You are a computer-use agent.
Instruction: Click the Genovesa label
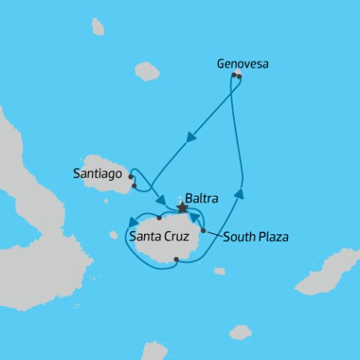[242, 64]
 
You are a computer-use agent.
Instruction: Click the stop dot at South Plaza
[203, 230]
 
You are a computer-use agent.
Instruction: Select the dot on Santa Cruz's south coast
[175, 260]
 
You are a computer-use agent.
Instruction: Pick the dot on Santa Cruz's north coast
[159, 218]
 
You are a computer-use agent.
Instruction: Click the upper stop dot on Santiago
[131, 177]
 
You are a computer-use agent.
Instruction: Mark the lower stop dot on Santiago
[133, 186]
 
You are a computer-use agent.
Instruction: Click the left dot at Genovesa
[234, 75]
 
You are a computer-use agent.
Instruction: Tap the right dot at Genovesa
[239, 76]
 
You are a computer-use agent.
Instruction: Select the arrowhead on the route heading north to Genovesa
[238, 194]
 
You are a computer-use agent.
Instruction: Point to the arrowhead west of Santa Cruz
[133, 221]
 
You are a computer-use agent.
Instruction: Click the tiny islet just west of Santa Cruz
[114, 235]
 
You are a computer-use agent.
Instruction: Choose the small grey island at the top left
[97, 27]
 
